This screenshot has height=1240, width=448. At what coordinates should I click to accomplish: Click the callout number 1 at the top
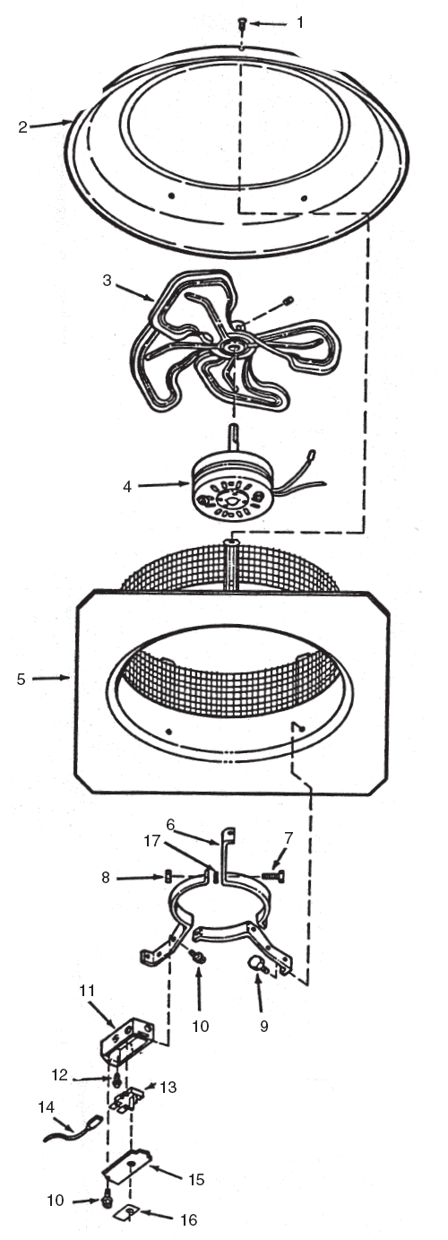point(300,22)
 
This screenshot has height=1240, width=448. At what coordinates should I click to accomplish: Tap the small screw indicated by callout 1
point(242,24)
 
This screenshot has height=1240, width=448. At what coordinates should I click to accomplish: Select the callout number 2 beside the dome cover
point(22,126)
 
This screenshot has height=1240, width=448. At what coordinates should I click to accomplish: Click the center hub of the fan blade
point(231,347)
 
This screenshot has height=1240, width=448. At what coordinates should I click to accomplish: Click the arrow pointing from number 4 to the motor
point(163,485)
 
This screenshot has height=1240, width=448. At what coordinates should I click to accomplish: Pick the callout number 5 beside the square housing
point(21,679)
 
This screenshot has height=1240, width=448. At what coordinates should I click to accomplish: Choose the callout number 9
point(263,1026)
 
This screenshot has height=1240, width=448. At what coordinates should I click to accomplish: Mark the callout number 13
point(168,1087)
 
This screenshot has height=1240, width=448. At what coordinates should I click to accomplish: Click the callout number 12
point(59,1074)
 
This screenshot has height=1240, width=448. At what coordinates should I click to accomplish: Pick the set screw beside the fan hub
point(288,301)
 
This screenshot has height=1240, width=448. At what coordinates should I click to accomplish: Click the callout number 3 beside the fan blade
point(108,280)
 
